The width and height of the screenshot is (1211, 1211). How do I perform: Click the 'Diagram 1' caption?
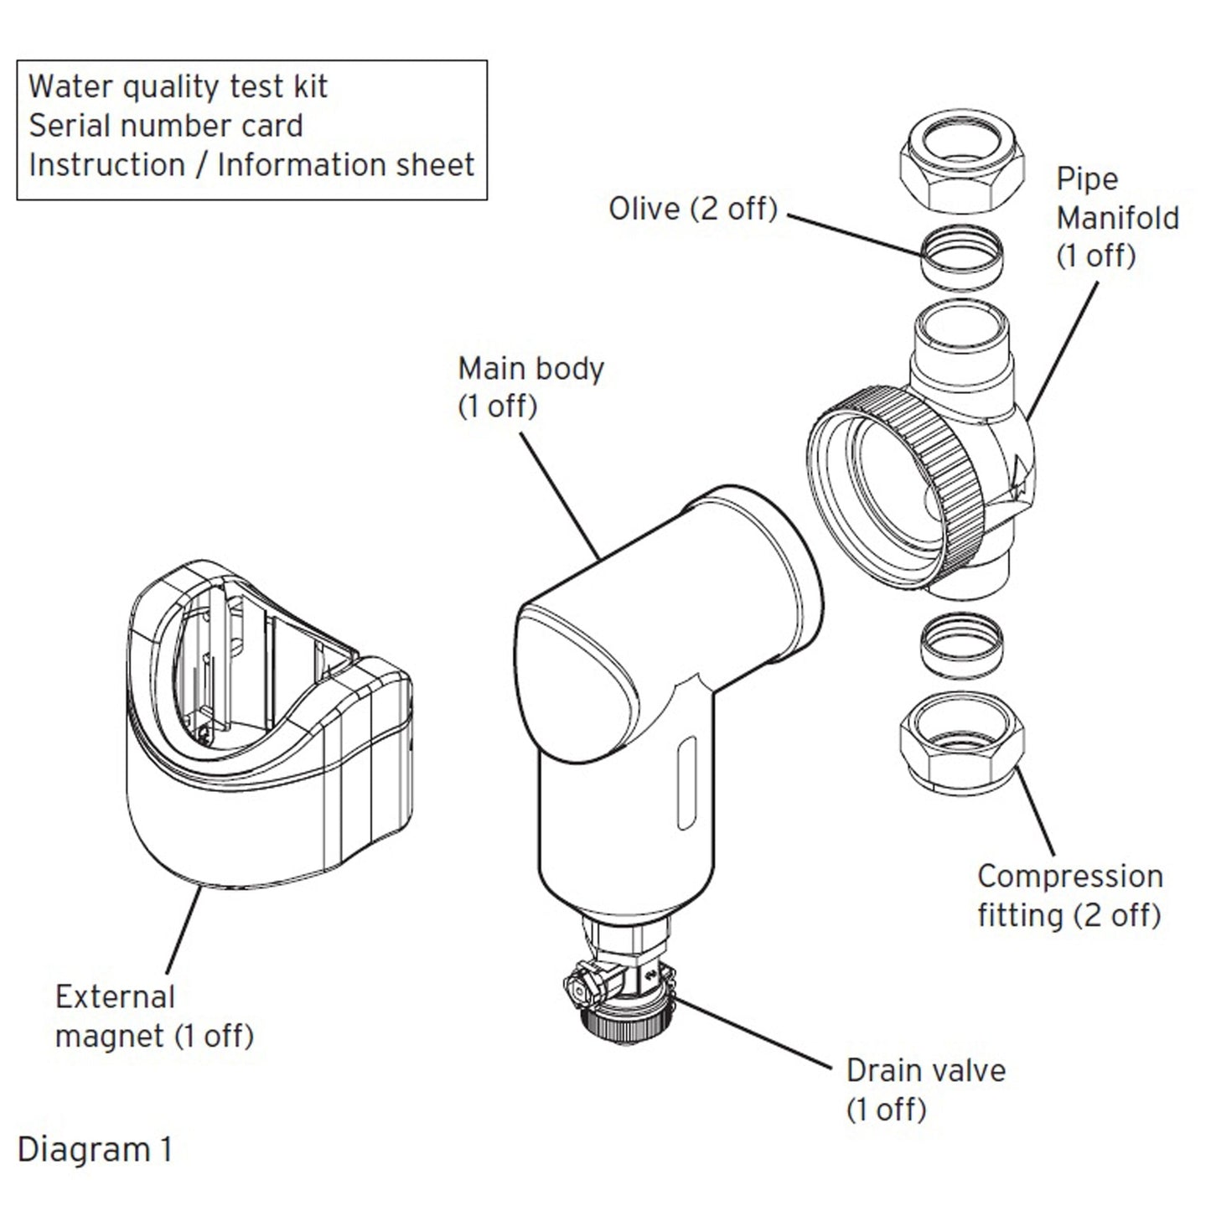coord(95,1149)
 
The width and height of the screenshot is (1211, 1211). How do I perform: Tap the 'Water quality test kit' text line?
coord(178,86)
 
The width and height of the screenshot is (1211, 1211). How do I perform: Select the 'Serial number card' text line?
coord(166,126)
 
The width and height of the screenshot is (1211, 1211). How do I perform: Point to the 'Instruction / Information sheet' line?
coord(251,165)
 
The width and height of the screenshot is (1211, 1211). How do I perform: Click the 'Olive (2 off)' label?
coord(693,209)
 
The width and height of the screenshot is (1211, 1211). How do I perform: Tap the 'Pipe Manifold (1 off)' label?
coord(1116,217)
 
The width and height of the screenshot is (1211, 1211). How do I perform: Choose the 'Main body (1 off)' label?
coord(530,387)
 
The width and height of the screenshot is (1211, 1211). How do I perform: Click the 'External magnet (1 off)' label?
coord(154,1017)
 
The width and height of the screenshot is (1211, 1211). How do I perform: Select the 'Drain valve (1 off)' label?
coord(925,1089)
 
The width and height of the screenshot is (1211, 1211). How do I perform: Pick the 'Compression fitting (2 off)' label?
coord(1069,895)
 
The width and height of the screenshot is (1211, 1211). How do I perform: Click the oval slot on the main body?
coord(686,784)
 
